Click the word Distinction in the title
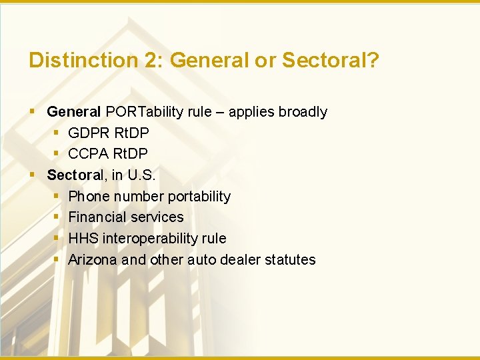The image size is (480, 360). tap(83, 61)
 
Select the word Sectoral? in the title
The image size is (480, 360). tap(330, 61)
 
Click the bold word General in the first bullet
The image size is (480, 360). tap(74, 112)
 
